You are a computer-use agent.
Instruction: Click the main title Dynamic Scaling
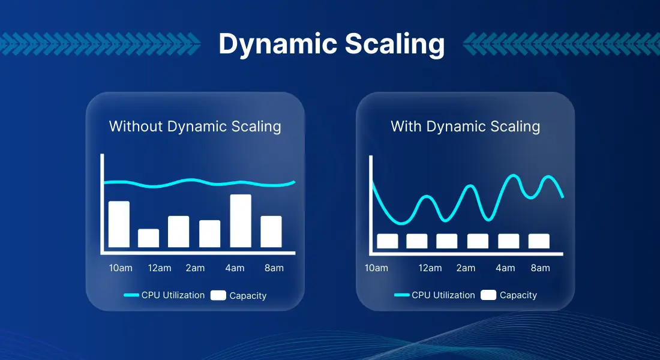point(331,44)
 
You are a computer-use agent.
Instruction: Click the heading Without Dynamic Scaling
point(195,127)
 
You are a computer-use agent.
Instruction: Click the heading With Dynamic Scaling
point(465,127)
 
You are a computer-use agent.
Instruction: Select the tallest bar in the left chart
point(241,221)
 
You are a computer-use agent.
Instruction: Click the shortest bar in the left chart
point(148,238)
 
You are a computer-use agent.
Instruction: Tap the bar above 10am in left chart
point(119,224)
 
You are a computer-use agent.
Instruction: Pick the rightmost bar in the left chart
point(271,232)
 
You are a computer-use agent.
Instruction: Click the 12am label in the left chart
point(160,268)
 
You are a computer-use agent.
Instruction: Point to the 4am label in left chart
point(235,268)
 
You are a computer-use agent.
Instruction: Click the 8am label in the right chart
point(540,268)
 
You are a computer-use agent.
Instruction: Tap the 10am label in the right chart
point(376,268)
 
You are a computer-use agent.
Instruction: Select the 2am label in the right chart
point(466,268)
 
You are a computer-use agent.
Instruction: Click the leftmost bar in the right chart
point(388,241)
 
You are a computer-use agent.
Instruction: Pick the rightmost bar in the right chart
point(539,241)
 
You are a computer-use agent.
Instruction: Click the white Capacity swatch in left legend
point(218,295)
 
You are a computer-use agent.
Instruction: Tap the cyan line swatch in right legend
point(401,295)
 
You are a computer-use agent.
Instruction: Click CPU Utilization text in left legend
point(173,295)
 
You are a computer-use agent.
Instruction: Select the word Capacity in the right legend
point(518,295)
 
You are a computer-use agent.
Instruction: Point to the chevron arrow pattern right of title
point(561,44)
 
